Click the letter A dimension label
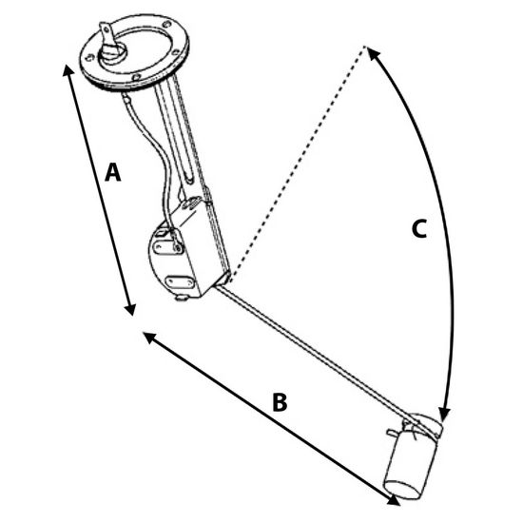113,172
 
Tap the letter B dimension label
280,402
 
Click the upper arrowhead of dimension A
68,70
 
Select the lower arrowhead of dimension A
130,309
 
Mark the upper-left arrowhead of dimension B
149,338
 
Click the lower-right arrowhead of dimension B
394,500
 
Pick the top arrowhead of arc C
374,52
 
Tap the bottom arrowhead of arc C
444,415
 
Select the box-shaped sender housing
188,248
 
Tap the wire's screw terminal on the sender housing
178,247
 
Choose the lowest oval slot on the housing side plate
180,282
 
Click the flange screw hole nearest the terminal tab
88,58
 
